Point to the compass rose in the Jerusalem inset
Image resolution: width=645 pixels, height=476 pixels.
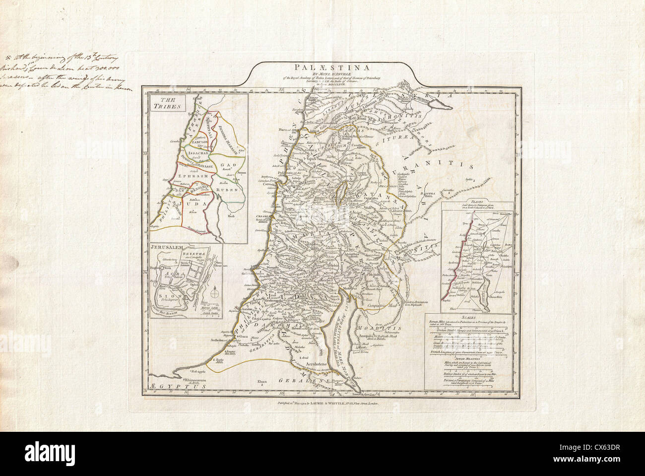214,294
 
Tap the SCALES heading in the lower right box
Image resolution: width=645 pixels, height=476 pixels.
467,317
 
